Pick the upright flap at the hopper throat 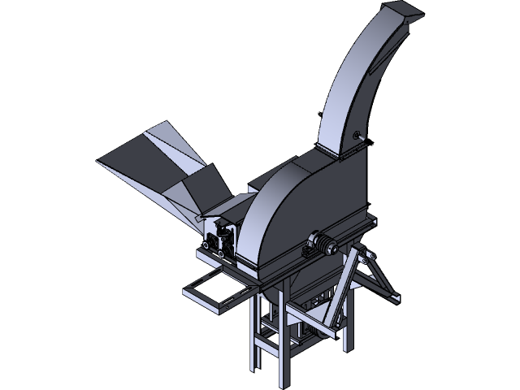(x=199, y=187)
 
